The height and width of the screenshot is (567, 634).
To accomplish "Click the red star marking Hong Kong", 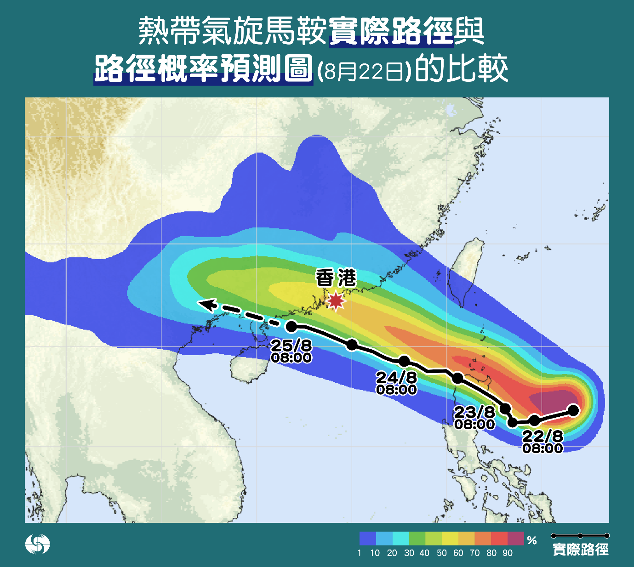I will point(336,301).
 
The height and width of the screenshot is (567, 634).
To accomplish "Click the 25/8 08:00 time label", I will point(291,351).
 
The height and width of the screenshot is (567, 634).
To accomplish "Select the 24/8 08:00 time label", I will point(396,383).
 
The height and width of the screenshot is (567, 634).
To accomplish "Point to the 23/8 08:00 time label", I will point(474,418).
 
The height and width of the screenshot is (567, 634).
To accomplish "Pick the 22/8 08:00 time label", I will point(543,442).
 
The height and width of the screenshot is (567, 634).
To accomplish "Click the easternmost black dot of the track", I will point(573,410).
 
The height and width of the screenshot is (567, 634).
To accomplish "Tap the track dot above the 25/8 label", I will point(291,327).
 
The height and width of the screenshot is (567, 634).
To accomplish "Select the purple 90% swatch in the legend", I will point(515,539).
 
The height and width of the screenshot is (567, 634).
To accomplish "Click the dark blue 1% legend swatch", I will point(368,539).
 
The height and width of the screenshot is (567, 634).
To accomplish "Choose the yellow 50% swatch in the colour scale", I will point(450,539).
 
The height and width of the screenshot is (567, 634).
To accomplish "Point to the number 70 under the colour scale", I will point(474,553).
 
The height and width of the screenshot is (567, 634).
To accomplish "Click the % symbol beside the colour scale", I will point(532,540).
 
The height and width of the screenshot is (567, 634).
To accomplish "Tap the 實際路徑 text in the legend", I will point(580,549).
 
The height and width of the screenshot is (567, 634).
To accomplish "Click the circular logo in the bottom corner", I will point(37,544).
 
